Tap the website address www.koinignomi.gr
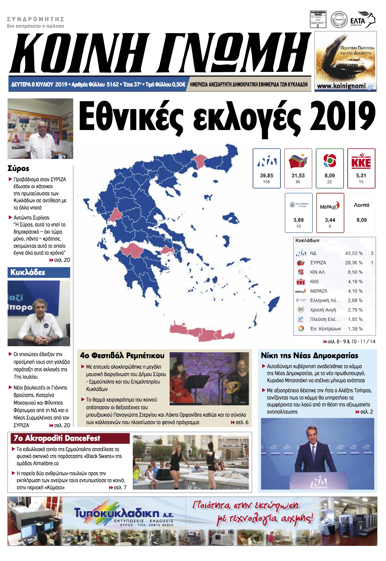345,86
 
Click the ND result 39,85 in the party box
266,176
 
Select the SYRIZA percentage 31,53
298,176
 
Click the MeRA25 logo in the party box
330,206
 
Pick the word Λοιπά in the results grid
361,205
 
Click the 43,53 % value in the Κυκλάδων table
354,253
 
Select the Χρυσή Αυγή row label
323,310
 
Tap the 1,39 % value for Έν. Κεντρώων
355,329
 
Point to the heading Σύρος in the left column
18,168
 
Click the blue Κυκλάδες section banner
39,272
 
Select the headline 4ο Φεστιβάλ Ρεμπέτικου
122,356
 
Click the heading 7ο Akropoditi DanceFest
57,438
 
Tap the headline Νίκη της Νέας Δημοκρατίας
309,356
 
